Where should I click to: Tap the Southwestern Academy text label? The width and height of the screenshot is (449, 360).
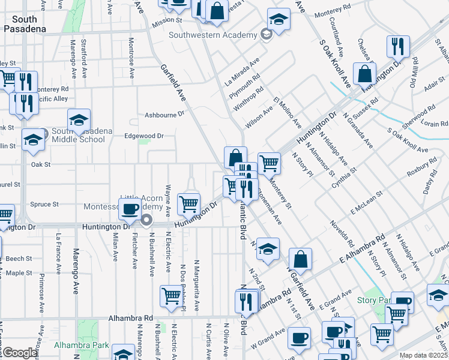212,35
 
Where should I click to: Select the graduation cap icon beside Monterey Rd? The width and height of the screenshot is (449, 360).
279,19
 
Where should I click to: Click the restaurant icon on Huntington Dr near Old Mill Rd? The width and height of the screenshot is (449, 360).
398,46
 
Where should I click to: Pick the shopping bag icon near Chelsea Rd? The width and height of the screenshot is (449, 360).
364,74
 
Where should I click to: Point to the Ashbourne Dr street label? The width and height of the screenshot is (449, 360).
163,114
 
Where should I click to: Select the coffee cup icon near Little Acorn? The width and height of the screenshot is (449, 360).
130,209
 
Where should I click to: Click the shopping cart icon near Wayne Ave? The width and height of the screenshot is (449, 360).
189,203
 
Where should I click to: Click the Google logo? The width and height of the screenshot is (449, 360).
20,353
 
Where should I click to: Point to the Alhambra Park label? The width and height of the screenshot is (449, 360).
81,345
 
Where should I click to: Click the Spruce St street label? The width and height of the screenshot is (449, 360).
45,204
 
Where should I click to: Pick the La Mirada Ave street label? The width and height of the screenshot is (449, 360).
242,72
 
